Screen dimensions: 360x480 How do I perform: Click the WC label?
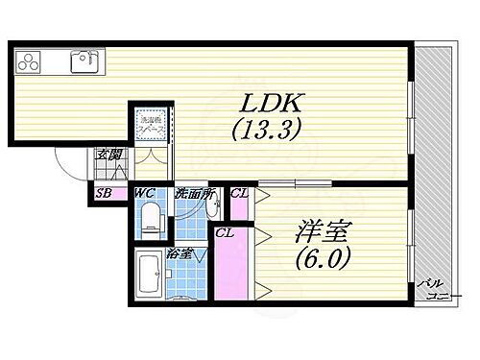click(145, 194)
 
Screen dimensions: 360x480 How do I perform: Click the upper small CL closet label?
click(238, 195)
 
